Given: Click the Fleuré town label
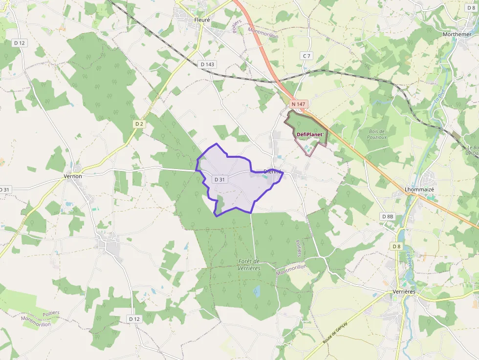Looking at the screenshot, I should point(201,20).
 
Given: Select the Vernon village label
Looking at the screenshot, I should point(73,176).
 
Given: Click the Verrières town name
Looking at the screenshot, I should point(404,292).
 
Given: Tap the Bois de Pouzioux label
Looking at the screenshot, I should point(377,134).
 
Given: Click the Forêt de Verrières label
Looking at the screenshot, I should point(249,265).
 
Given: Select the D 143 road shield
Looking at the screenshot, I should point(207,64).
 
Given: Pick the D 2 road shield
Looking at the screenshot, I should point(139,124).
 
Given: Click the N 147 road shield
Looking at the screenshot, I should point(298,104).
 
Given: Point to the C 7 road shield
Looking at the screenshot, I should point(306,56).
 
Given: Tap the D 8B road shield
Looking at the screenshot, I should point(387,216).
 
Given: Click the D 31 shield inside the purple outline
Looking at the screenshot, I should point(220,179).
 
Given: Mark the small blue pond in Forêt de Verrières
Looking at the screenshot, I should point(257,292).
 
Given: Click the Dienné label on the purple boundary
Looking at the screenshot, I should point(272,171).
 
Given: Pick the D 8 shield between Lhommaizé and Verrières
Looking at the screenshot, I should point(396,246).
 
